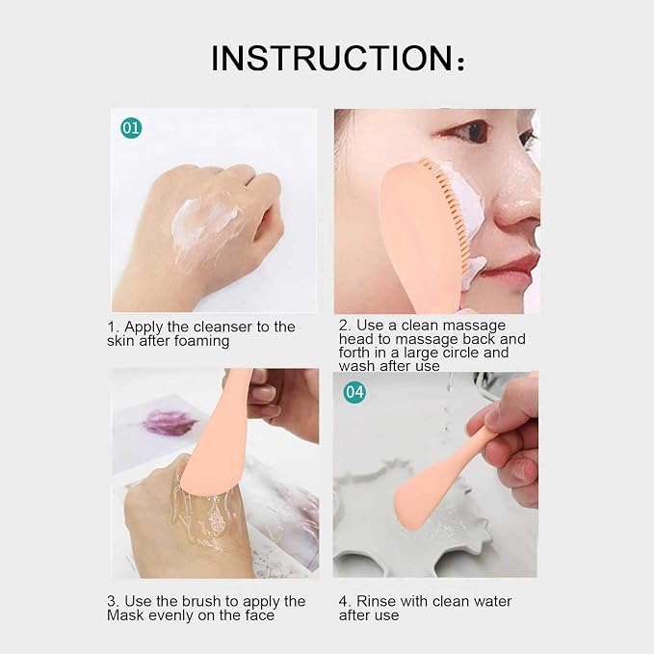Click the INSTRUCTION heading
click(x=337, y=58)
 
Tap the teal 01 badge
click(x=131, y=127)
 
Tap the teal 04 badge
click(x=354, y=392)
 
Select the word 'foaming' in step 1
click(x=201, y=342)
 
